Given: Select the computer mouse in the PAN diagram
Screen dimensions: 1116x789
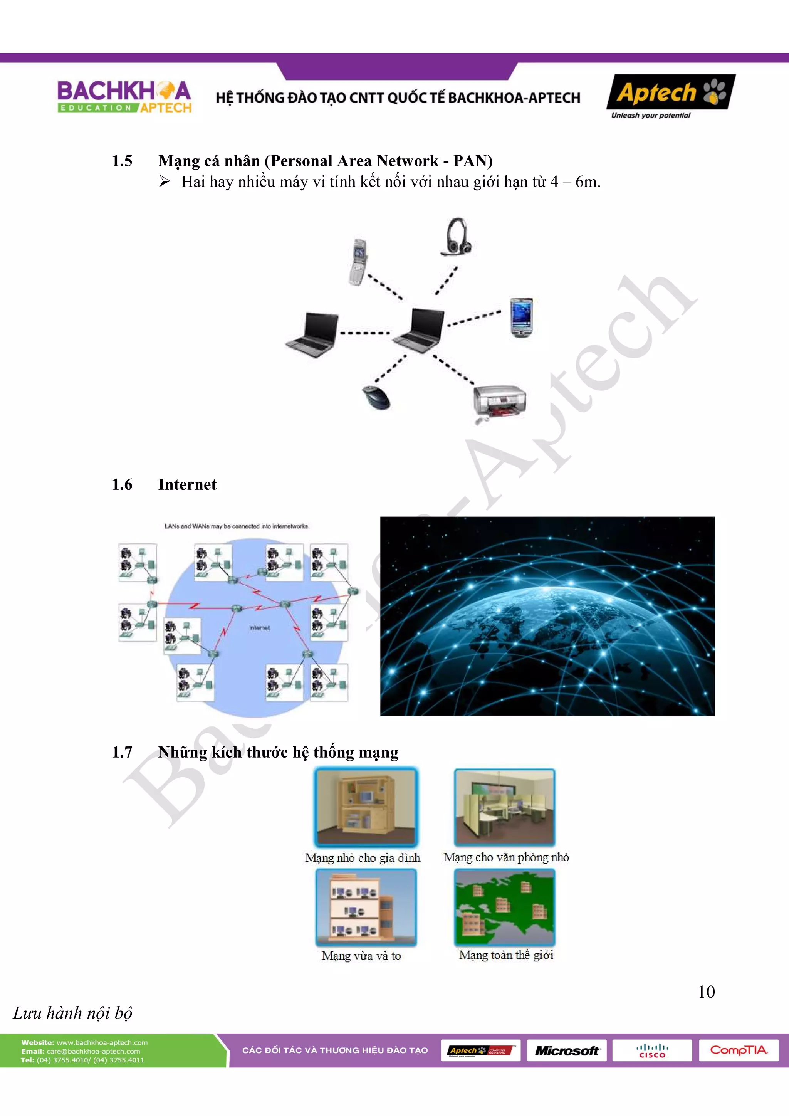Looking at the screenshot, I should coord(376,397).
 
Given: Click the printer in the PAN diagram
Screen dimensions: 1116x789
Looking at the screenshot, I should coord(499,402).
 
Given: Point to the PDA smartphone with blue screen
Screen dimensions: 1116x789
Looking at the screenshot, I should coord(521,317).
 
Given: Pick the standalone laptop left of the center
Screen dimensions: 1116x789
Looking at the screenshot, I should coord(312,335).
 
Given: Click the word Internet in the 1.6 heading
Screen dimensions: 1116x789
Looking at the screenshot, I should coord(187,485).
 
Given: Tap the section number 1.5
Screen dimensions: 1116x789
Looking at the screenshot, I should coord(122,161).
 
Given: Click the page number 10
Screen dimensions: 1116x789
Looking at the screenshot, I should coord(706,992).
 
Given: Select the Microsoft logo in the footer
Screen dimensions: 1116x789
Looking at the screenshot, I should coord(566,1050).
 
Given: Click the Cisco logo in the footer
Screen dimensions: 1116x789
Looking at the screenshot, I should coord(652,1050).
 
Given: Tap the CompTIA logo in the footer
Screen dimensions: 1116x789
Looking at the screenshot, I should coord(739,1050).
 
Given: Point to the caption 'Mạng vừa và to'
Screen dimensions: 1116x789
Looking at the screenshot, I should coord(361,956).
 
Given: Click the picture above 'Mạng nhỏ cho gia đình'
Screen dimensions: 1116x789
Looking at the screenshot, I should coord(366,807).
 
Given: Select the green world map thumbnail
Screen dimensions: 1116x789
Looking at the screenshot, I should coord(505,907).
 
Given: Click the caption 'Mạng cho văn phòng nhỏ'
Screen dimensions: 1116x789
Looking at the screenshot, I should coord(506,857).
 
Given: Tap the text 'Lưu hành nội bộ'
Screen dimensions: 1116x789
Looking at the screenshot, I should coord(72,1013).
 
